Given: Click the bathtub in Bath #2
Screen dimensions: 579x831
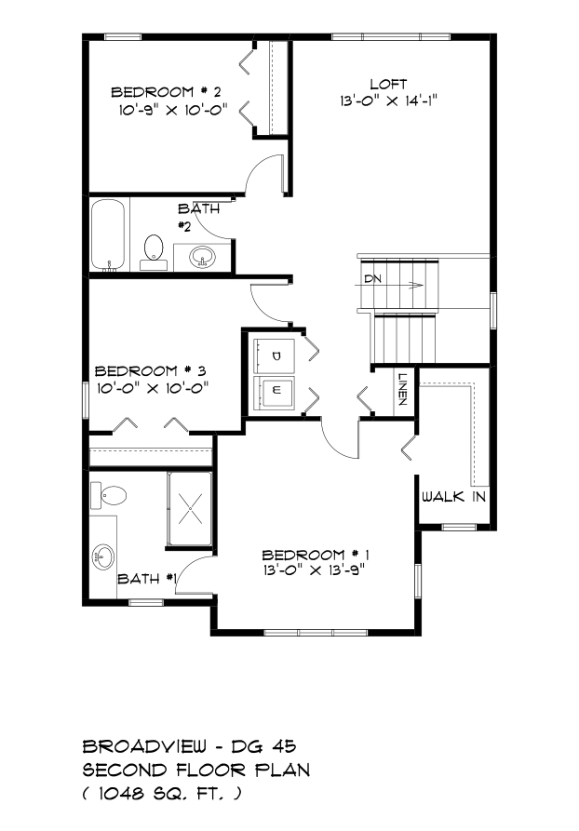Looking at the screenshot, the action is pos(108,235).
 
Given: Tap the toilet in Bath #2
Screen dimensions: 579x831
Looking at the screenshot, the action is pos(154,252).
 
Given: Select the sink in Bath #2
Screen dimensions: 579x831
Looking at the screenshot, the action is pos(202,258).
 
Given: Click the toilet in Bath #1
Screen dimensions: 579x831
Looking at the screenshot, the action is pos(109,496).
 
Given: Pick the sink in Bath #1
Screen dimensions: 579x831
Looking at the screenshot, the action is pos(103,557).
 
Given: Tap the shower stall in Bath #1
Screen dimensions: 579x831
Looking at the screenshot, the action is pos(190,509).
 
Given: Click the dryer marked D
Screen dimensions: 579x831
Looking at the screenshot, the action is pos(274,356).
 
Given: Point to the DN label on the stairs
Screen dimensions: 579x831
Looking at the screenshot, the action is pos(372,279).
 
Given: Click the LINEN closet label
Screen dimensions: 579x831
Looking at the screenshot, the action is pos(402,390).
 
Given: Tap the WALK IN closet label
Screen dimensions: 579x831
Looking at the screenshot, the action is pos(454,497).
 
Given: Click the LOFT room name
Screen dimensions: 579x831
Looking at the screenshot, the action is pos(389,85).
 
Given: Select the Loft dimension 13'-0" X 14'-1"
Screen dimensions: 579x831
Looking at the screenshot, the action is pos(389,101).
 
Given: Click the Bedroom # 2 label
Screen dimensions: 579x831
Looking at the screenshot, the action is pos(166,92).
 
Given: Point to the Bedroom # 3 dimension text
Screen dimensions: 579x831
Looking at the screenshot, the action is pos(152,388).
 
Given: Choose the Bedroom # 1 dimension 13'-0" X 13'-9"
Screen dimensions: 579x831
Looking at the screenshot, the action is pos(315,570).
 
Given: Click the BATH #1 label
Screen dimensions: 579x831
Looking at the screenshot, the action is pos(147,579).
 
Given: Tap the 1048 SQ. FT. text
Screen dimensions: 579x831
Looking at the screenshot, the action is pos(162,794).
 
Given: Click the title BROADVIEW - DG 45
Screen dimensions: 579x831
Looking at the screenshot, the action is pos(189,746).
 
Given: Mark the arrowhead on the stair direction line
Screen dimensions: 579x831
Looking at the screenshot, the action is pos(418,285).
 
